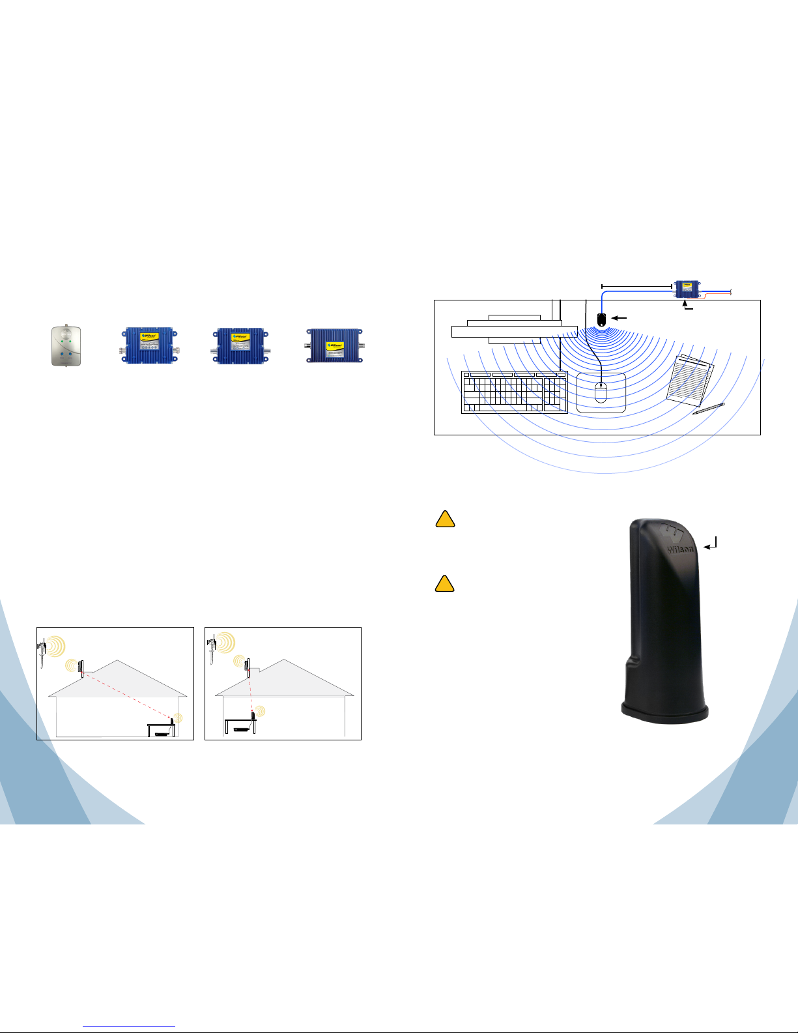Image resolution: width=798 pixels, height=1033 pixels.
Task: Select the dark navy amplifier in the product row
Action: pos(334,346)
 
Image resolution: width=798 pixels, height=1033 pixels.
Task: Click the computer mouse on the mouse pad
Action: pos(601,392)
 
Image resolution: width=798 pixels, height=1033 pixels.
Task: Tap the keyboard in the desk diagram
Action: pos(514,392)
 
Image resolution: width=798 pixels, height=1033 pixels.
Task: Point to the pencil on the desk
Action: pos(708,409)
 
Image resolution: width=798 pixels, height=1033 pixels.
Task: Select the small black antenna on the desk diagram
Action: pos(601,319)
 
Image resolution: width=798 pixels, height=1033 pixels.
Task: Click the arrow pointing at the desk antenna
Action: pos(621,318)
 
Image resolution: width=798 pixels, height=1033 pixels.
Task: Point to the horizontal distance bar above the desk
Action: pos(636,285)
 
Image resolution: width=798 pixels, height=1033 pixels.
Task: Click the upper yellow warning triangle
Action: pos(444,519)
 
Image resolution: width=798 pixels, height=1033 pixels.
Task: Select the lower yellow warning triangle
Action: pos(444,583)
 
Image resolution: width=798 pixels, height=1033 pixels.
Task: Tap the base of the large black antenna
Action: pos(664,710)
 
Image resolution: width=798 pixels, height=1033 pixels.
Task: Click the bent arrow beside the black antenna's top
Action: pos(713,544)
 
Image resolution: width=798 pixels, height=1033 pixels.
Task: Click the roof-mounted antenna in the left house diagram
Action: pos(81,668)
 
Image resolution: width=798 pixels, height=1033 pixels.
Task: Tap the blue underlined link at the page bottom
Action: pos(130,1026)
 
